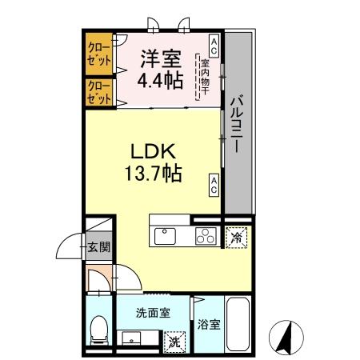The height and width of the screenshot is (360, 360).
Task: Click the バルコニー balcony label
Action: coord(238,124)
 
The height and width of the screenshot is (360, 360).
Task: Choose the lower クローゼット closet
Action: coord(99,91)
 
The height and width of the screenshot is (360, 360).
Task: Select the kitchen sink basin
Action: coord(166,237)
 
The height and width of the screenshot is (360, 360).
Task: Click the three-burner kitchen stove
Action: coord(205,237)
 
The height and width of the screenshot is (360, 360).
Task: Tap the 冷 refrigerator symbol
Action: coord(235,237)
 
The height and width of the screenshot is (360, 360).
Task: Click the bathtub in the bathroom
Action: coord(238,324)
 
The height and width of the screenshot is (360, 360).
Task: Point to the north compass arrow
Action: coord(286,336)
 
